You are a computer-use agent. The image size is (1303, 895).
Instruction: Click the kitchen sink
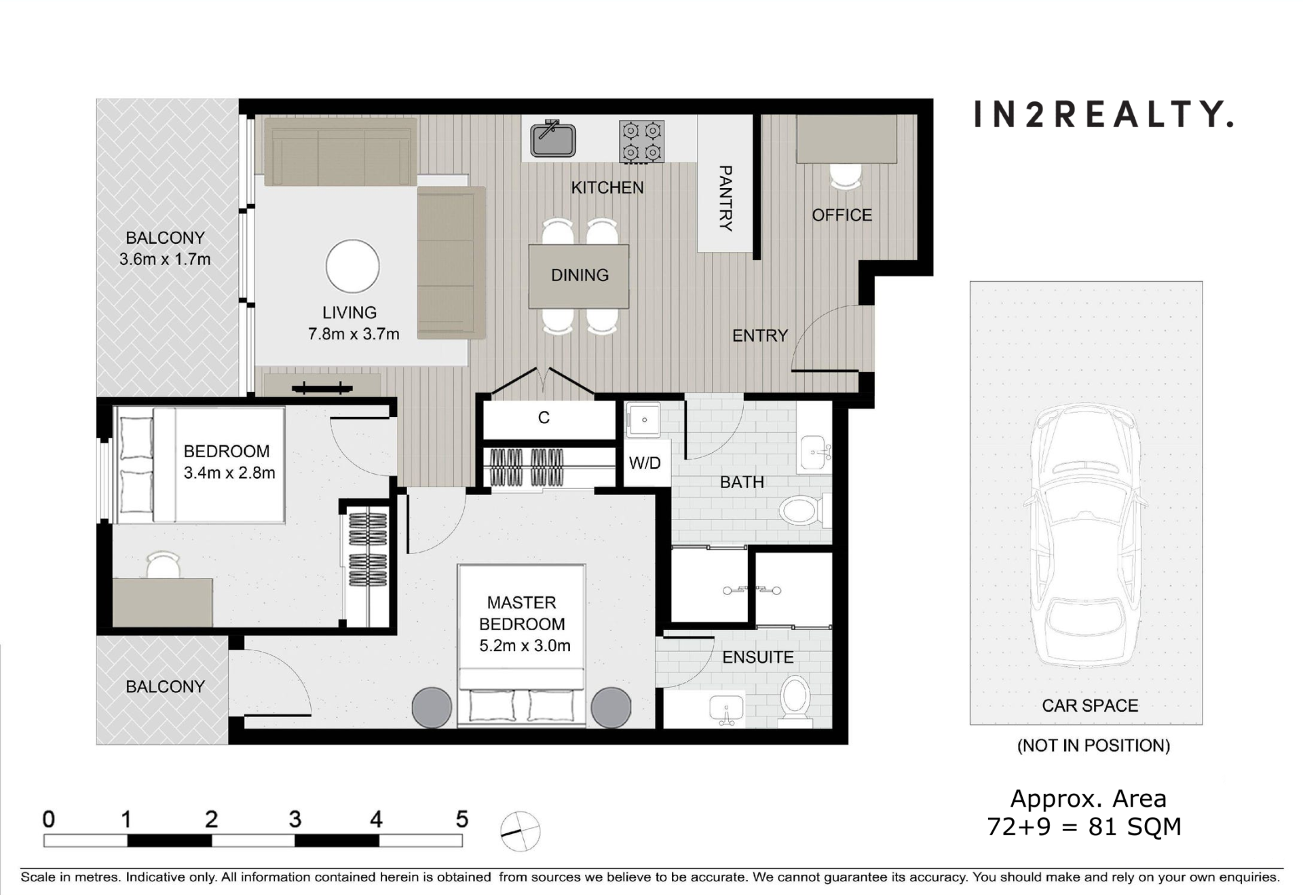pos(553,139)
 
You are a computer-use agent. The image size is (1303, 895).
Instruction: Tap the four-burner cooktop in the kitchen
pos(641,141)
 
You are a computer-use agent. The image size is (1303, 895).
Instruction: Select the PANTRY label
pos(725,198)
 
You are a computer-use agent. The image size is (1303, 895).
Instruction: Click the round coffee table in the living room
pos(352,267)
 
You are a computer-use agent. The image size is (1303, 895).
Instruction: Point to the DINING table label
pos(580,275)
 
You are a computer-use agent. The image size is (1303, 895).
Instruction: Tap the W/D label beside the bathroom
pos(645,463)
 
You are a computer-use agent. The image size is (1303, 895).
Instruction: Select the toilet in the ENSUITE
pos(795,697)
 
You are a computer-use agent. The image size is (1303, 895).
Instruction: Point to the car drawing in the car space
pos(1085,534)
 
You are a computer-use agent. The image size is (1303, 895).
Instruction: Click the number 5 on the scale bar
pos(462,819)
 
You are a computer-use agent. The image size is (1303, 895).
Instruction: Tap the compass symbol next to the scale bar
pos(520,831)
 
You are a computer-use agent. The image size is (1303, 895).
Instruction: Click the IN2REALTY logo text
pos(1103,114)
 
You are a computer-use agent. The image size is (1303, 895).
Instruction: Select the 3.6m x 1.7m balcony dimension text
pos(165,259)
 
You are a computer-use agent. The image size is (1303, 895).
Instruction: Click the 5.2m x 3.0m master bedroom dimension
pos(525,646)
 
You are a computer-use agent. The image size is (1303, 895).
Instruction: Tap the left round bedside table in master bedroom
pos(432,707)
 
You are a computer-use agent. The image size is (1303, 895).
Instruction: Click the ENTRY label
pos(760,335)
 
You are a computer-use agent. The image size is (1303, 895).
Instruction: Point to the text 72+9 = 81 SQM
pos(1084,827)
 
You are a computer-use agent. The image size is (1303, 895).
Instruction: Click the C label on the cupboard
pos(544,418)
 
